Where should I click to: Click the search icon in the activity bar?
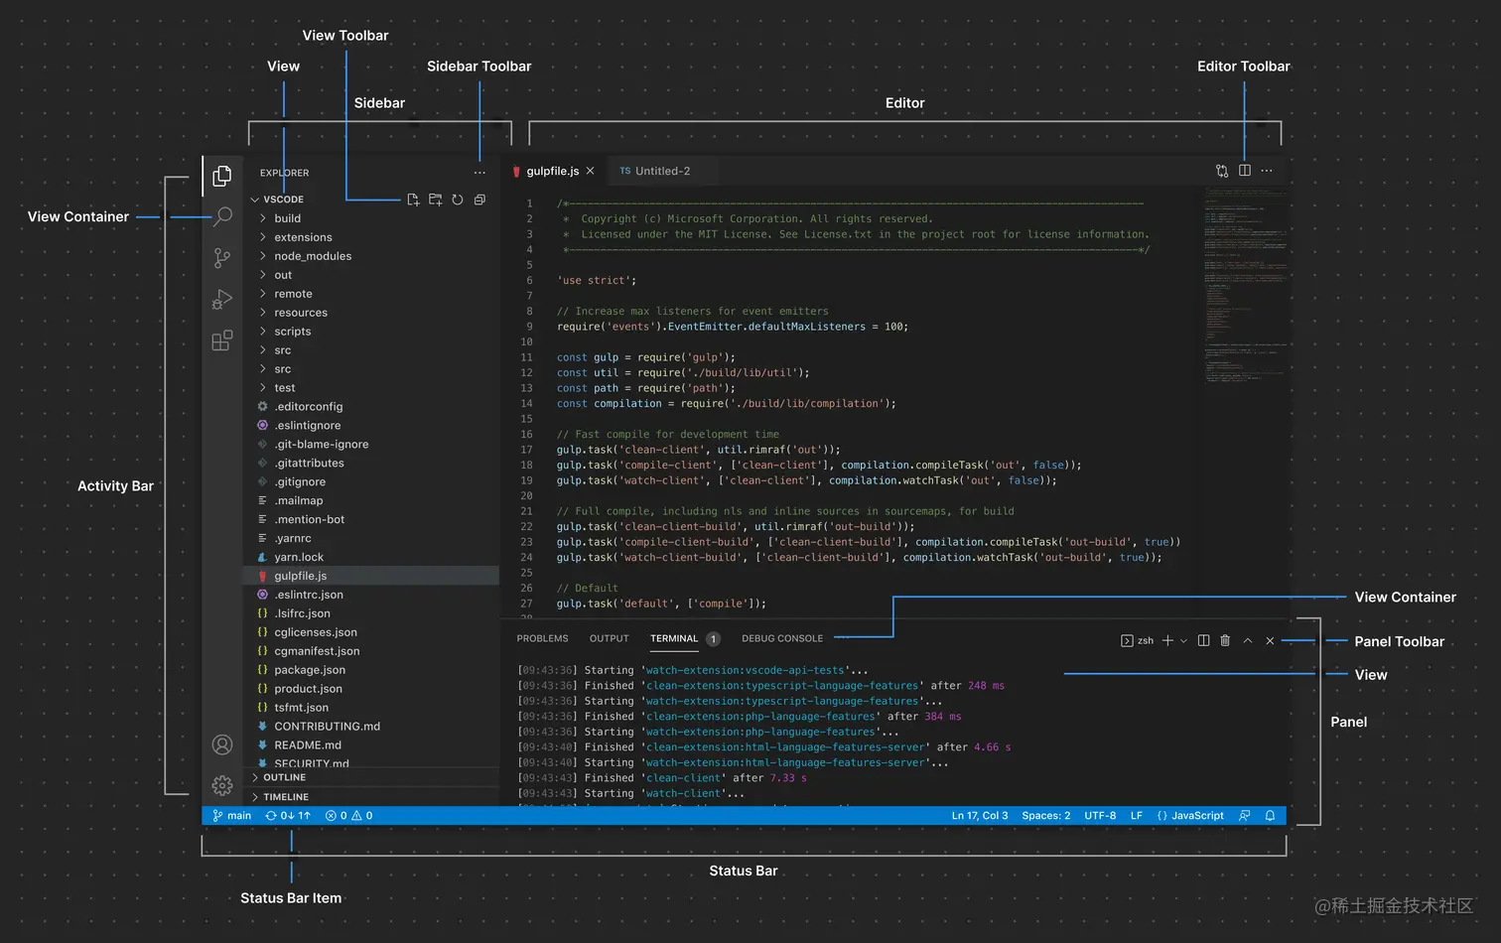pos(222,216)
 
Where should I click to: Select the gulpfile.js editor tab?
pos(552,171)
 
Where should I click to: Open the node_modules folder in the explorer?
pos(313,256)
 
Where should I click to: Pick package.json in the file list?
pos(310,670)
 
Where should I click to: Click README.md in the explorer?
pos(308,745)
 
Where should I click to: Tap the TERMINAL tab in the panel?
pos(674,639)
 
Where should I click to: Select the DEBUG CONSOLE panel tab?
pos(782,639)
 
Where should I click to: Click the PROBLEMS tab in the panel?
pos(542,639)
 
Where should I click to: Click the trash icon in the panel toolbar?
pos(1225,641)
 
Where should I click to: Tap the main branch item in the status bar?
pos(233,816)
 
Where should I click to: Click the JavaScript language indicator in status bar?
pos(1191,816)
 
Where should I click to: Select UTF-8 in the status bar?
pos(1100,816)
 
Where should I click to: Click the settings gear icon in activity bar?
pos(222,785)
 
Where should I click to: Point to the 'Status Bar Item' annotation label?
pos(291,898)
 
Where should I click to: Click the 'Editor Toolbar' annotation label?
pos(1243,67)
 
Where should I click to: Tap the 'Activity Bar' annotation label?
pos(115,486)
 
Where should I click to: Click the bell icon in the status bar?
pos(1270,816)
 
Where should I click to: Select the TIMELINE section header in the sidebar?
pos(286,797)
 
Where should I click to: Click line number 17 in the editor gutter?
pos(526,450)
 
